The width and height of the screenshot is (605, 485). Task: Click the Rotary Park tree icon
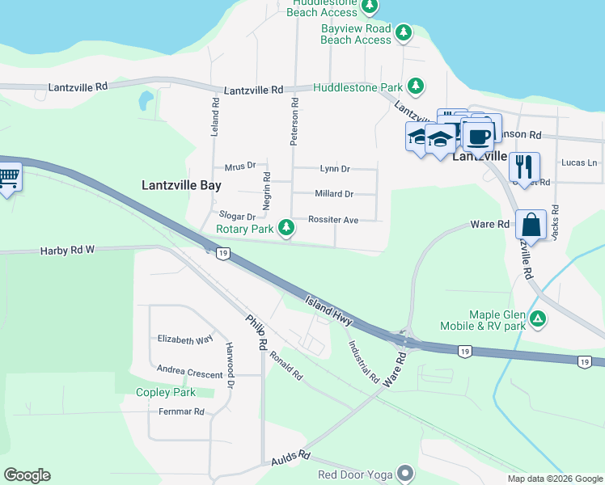point(286,229)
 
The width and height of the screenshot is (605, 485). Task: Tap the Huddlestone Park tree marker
point(415,86)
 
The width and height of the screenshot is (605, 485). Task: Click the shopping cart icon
point(8,175)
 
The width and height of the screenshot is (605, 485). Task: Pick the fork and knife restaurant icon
point(524,167)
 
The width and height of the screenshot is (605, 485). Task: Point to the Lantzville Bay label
point(181,185)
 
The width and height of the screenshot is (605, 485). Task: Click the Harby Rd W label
point(67,251)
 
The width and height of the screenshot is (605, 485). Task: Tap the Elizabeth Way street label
point(185,339)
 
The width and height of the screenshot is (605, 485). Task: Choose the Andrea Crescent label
point(190,375)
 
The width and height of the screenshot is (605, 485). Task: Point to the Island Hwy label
point(328,310)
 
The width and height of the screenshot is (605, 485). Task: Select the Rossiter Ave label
point(332,220)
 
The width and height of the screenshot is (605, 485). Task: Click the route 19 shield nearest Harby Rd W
point(223,254)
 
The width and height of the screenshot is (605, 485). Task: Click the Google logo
point(27,475)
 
